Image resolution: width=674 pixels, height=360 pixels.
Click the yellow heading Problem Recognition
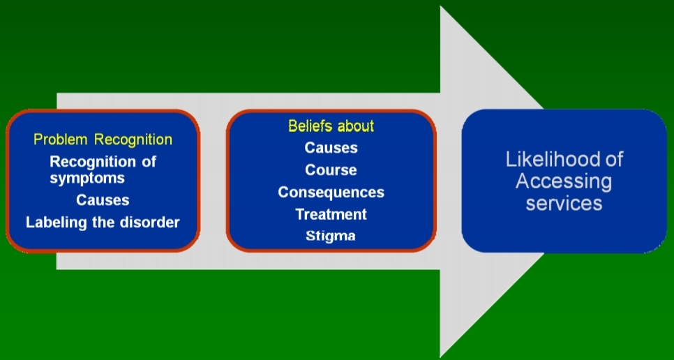point(103,140)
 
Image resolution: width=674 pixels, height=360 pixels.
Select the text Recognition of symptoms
point(103,170)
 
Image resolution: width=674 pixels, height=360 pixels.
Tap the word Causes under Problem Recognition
point(103,200)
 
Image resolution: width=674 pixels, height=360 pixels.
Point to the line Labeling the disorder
point(103,223)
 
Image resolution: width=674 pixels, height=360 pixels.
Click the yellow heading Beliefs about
point(331,126)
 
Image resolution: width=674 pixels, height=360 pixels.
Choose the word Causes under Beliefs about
point(331,148)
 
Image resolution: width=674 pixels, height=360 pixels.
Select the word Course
point(331,170)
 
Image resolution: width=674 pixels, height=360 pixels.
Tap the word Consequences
point(331,192)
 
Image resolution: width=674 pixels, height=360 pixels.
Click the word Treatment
point(331,213)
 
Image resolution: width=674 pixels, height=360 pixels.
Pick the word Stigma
point(331,235)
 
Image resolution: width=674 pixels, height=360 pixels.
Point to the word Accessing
point(563,181)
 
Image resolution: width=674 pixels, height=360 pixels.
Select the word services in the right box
point(563,203)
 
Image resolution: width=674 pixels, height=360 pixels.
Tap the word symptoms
point(87,178)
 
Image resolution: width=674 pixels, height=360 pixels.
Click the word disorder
point(149,223)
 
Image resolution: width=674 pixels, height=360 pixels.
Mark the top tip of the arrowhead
point(441,7)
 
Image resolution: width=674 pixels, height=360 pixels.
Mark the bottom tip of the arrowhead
point(441,355)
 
